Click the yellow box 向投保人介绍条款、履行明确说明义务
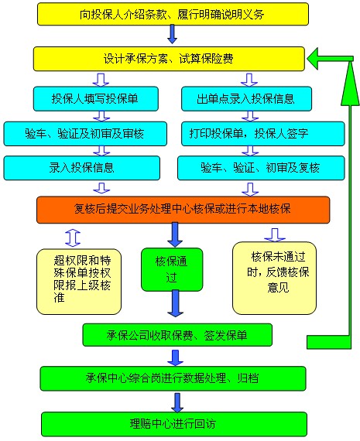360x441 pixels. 172,14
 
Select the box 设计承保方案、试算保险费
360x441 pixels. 172,58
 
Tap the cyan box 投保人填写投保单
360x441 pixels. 95,98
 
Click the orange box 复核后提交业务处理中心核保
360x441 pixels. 183,208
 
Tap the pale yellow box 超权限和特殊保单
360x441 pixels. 79,280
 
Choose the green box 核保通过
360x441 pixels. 171,268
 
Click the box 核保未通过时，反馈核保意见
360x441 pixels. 276,276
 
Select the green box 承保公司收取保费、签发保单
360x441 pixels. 177,334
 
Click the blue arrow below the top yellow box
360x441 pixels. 172,33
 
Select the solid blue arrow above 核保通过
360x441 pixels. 174,233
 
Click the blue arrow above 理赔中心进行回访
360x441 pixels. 177,400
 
